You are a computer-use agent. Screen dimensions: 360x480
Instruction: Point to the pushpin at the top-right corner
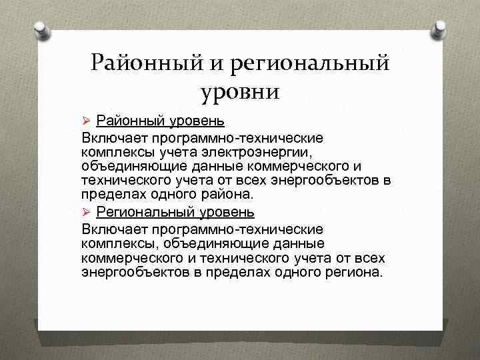(x=439, y=29)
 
